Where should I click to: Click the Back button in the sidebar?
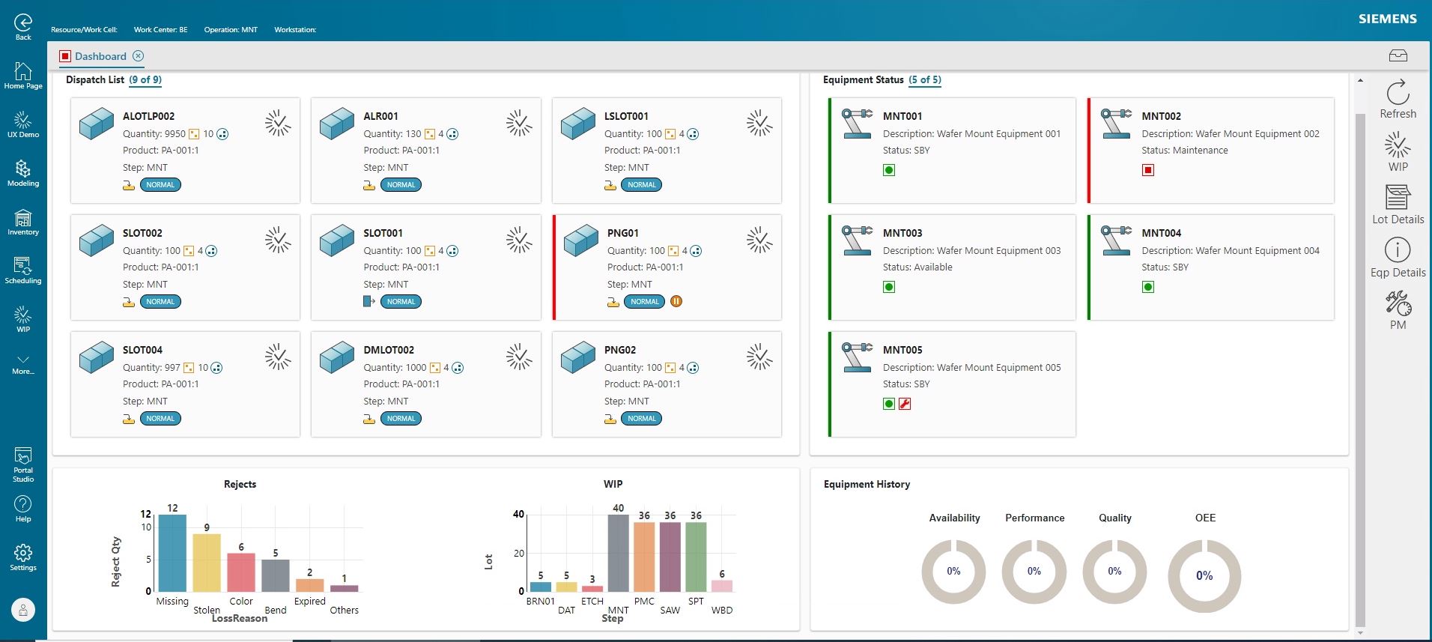23,27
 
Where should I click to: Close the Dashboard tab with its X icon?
139,56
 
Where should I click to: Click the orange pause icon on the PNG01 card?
676,302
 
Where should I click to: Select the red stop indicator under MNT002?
1148,170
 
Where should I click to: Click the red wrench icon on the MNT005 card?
905,404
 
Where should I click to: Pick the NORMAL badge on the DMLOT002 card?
401,419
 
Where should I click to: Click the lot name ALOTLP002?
148,116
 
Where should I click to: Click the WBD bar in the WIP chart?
721,586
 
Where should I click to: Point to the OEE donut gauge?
1204,575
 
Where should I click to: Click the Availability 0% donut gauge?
953,572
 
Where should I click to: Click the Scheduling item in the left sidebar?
23,270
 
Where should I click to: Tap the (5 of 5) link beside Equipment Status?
925,79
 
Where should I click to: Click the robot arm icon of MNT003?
856,240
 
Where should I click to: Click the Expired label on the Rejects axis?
309,601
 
